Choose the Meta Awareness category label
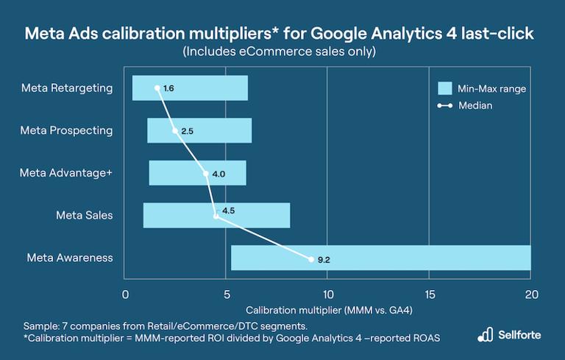coord(70,258)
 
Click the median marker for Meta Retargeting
coord(157,88)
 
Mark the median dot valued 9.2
coord(311,258)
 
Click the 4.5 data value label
coord(228,211)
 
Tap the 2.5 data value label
coord(187,131)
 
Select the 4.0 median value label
coord(218,174)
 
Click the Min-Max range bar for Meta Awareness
coord(380,258)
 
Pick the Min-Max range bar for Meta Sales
coord(216,215)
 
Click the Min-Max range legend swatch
coord(444,88)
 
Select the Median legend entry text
coord(475,105)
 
